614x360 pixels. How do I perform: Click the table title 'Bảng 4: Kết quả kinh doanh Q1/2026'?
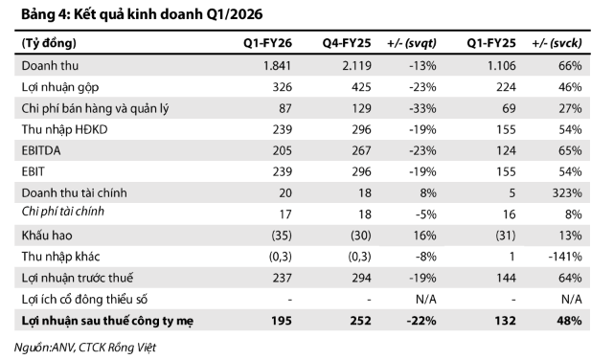(142, 14)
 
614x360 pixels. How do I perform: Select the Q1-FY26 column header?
(267, 43)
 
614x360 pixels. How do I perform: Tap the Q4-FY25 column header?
(347, 43)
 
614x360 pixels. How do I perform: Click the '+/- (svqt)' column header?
(412, 43)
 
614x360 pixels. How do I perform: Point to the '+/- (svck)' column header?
(557, 43)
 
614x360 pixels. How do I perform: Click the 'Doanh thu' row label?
(50, 65)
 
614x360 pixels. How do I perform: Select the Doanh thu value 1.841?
(277, 65)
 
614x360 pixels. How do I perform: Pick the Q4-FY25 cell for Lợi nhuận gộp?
(361, 87)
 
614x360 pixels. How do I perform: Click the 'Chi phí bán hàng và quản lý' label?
(95, 108)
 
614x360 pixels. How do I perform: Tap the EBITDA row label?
(41, 150)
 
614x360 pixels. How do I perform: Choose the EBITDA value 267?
(361, 150)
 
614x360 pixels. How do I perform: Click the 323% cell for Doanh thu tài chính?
(567, 192)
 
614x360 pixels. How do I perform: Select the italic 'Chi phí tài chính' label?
(63, 212)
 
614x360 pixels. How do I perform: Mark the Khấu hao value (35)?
(282, 236)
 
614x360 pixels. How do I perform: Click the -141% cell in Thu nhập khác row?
(565, 257)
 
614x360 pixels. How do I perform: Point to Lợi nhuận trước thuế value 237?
(282, 278)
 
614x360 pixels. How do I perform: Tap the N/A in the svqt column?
(425, 300)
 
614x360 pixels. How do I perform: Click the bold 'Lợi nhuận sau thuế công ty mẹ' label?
(107, 321)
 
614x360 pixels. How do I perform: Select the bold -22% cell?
(421, 321)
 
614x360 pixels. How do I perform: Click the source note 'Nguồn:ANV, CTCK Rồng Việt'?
(85, 348)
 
